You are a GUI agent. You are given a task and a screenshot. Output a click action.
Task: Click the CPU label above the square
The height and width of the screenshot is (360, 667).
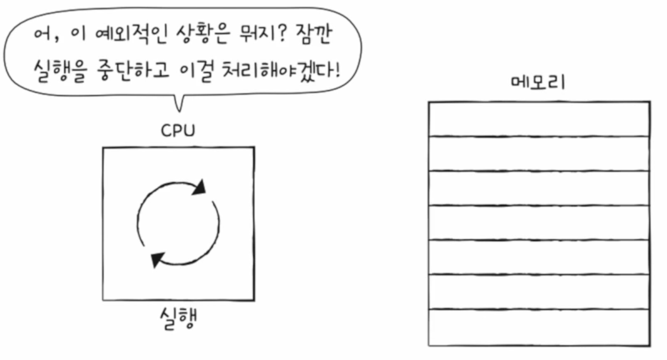pos(178,131)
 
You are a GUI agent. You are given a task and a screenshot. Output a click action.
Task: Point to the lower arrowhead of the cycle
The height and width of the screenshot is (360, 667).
pos(158,258)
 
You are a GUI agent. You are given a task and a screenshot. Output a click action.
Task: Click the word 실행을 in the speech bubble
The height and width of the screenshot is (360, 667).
pos(56,71)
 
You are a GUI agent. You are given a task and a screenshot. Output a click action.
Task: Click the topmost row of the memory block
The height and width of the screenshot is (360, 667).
pos(539,119)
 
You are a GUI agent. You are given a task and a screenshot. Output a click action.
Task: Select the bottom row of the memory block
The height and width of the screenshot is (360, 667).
pos(539,327)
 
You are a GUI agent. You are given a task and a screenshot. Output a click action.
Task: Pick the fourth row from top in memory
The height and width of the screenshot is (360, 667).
pos(539,223)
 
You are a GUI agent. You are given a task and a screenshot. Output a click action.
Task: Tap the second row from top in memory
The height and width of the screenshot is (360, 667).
pos(539,153)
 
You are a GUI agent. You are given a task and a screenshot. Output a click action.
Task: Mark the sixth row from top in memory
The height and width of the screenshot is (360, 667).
pos(539,292)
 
